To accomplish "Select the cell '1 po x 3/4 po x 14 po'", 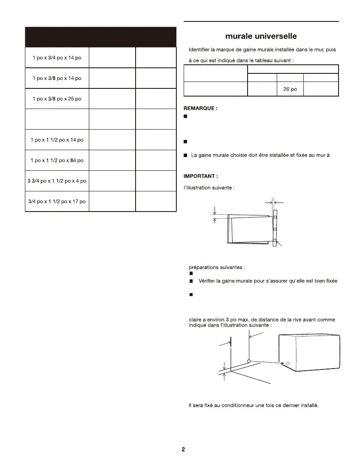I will click(x=57, y=58).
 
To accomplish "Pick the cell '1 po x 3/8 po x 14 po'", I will click(x=57, y=79).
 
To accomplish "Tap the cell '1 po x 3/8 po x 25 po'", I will click(x=57, y=99).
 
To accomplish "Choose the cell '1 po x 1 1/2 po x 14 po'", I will click(x=57, y=140).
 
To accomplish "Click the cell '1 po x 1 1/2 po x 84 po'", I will click(x=57, y=160).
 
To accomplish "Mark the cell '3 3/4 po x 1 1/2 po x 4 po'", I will click(x=57, y=181).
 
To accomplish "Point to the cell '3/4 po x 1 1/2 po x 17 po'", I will click(x=57, y=201).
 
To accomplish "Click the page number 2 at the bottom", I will click(x=183, y=449).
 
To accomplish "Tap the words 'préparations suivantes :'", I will click(x=217, y=267).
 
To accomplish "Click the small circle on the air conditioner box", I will click(x=288, y=363).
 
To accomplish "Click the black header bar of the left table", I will click(x=101, y=37).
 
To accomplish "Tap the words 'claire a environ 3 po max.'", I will click(x=222, y=319).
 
